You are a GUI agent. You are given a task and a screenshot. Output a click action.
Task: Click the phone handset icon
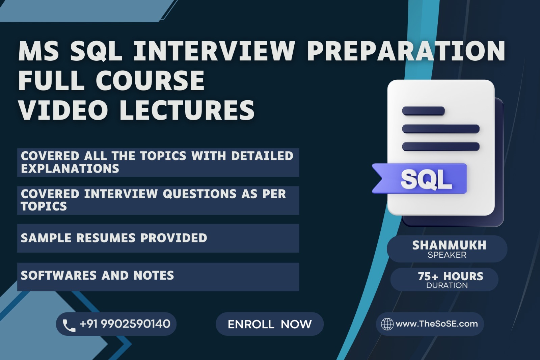(x=69, y=325)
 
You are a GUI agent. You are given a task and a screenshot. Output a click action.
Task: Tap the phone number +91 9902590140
(x=125, y=324)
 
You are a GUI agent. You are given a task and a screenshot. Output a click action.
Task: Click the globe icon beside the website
(x=387, y=324)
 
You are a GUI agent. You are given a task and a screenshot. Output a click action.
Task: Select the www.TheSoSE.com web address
(x=437, y=324)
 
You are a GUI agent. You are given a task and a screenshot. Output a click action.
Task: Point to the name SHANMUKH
(x=449, y=245)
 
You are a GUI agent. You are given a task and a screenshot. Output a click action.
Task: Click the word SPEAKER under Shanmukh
(x=447, y=255)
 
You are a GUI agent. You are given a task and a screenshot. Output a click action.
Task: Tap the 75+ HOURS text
(x=451, y=276)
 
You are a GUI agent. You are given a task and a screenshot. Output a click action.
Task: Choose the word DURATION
(x=447, y=285)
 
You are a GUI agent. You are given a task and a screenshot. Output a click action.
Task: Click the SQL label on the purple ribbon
(x=426, y=179)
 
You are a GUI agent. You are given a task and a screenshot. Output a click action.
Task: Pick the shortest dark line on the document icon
(x=423, y=111)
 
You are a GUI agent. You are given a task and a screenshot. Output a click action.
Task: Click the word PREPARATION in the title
(x=406, y=51)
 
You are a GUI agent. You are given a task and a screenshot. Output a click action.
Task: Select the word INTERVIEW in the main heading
(x=214, y=51)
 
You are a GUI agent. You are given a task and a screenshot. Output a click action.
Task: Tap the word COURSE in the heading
(x=150, y=80)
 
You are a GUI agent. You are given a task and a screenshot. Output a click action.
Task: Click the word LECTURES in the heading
(x=187, y=110)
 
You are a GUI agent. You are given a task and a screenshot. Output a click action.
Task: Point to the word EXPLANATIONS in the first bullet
(x=70, y=169)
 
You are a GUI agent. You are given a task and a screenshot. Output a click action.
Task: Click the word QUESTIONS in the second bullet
(x=199, y=194)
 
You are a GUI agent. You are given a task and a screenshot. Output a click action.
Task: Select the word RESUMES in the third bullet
(x=106, y=238)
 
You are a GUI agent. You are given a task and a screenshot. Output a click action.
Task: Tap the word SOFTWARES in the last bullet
(x=59, y=275)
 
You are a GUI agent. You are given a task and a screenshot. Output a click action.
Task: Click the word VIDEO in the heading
(x=63, y=110)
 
